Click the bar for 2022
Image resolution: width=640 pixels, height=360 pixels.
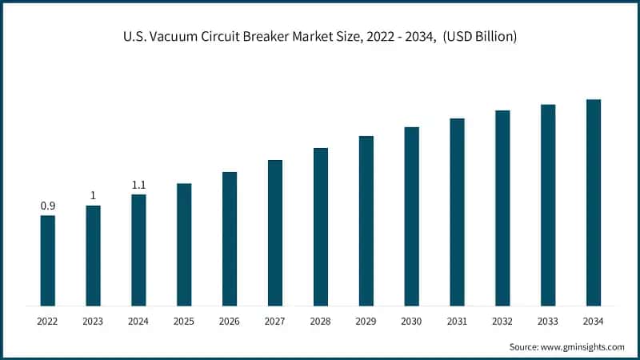[x=48, y=261]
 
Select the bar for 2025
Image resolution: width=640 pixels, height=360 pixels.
[x=184, y=245]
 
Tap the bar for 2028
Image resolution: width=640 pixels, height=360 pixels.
[x=321, y=227]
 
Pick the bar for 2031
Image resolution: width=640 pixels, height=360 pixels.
[x=457, y=212]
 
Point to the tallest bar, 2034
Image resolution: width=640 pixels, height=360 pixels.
[x=594, y=202]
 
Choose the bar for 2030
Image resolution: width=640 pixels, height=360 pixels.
[x=411, y=216]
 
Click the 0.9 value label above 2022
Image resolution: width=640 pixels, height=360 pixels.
[x=48, y=206]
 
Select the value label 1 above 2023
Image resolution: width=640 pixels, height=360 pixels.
[x=93, y=196]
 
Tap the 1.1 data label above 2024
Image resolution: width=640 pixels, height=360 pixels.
[x=138, y=185]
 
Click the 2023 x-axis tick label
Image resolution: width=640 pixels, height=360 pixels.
[x=93, y=321]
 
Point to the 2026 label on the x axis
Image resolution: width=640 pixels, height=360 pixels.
[x=230, y=321]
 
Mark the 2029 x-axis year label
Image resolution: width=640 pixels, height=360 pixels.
[x=366, y=321]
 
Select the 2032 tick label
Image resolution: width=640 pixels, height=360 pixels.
[x=502, y=321]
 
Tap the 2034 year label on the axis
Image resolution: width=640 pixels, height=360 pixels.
[x=594, y=321]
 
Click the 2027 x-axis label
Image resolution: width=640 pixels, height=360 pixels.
[x=275, y=321]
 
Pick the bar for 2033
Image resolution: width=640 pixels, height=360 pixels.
[x=548, y=205]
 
